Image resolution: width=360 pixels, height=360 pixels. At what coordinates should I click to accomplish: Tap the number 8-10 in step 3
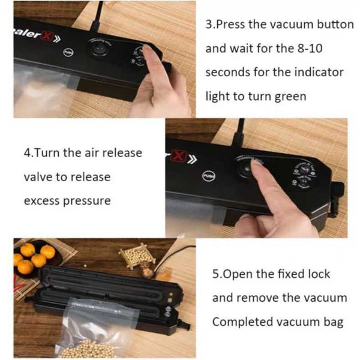pyautogui.click(x=310, y=48)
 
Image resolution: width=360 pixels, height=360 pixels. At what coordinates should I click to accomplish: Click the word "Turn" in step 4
pyautogui.click(x=48, y=152)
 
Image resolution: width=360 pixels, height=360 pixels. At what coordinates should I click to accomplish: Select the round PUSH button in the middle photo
pyautogui.click(x=208, y=176)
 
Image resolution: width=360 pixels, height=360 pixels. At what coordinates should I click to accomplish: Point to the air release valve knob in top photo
pyautogui.click(x=99, y=49)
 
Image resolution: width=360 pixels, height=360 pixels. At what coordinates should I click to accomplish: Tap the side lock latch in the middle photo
pyautogui.click(x=337, y=197)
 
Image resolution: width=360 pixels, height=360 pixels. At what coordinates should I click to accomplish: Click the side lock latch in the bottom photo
pyautogui.click(x=184, y=324)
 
